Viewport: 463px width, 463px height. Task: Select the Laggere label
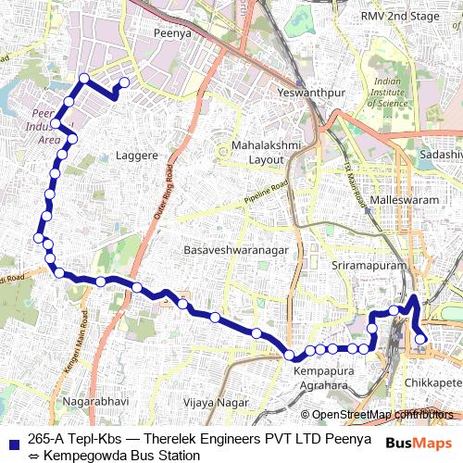pos(135,156)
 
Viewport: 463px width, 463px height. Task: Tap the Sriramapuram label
pos(369,266)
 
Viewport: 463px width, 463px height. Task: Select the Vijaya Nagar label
pos(216,403)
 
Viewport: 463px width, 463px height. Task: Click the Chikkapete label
pos(433,382)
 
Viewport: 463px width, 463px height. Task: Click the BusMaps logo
pos(412,443)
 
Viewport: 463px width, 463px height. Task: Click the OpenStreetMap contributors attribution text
pos(382,414)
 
